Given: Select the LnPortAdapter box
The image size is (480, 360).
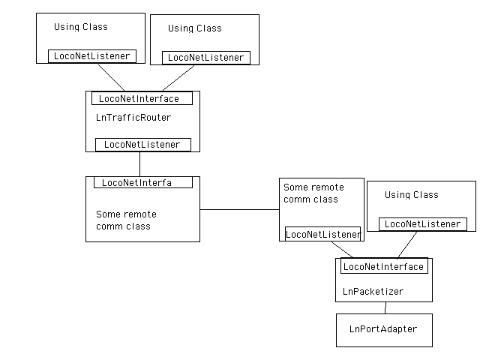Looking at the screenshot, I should click(x=383, y=329).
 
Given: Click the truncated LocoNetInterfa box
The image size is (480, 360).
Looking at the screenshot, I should click(x=142, y=182).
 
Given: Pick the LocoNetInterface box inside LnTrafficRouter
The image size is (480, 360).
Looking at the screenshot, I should click(x=141, y=98).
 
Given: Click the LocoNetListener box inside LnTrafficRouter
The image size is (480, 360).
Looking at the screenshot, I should click(x=142, y=144).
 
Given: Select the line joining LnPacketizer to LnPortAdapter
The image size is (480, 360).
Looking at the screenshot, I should click(x=385, y=307).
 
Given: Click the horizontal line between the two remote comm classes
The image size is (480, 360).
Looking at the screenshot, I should click(x=239, y=210).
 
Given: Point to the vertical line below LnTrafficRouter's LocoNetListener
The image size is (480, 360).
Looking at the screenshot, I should click(x=139, y=163).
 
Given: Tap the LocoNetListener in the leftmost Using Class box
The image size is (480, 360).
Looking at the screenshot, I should click(x=91, y=56).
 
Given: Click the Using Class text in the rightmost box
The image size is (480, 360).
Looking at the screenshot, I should click(x=411, y=195).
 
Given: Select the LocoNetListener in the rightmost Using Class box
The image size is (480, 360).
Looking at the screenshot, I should click(x=423, y=224).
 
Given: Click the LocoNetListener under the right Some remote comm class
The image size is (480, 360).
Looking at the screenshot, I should click(x=322, y=234).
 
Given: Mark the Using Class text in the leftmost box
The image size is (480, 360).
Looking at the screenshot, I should click(x=80, y=27).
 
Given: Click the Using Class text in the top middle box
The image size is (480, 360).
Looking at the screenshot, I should click(x=194, y=28).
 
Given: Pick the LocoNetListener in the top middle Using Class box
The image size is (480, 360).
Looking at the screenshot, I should click(x=205, y=58).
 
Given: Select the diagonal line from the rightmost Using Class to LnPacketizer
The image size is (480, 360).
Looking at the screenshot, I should click(x=408, y=244).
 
